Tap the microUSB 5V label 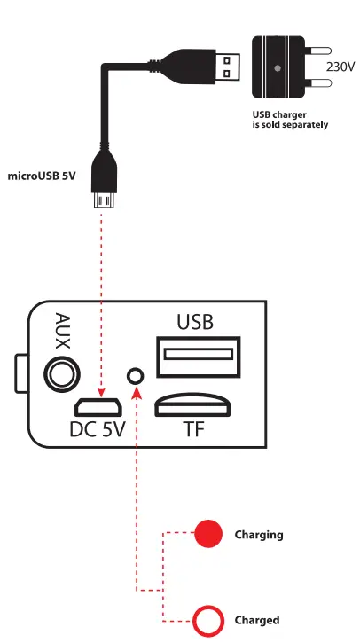42,176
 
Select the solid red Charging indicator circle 208,534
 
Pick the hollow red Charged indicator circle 208,620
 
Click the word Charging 258,535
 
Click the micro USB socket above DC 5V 98,408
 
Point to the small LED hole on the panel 136,375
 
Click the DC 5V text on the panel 98,430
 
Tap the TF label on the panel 194,430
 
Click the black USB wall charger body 277,67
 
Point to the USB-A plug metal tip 231,67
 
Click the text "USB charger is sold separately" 290,120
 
